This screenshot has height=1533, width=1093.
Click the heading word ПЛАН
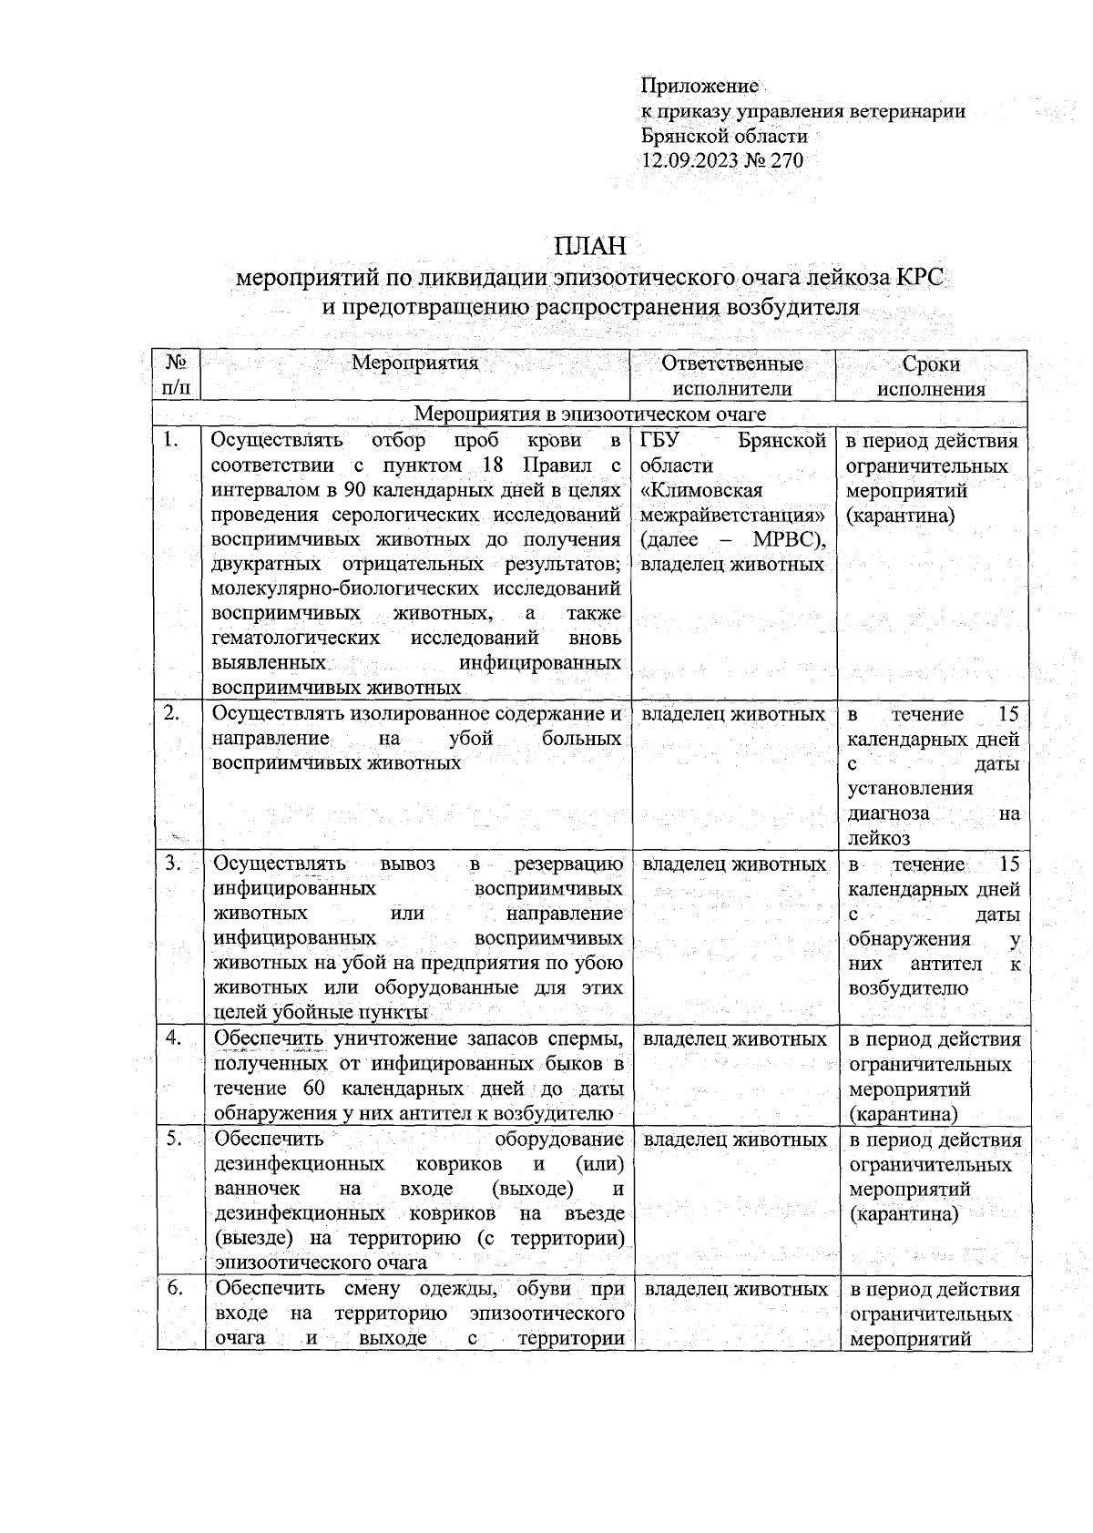pyautogui.click(x=591, y=247)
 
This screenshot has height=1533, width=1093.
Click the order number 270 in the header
pyautogui.click(x=787, y=161)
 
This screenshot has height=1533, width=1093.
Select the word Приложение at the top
pyautogui.click(x=700, y=87)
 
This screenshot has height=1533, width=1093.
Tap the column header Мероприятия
pyautogui.click(x=414, y=363)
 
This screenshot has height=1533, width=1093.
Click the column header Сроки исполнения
pyautogui.click(x=931, y=376)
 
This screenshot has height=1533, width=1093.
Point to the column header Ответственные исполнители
pyautogui.click(x=732, y=376)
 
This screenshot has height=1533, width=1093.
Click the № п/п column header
pyautogui.click(x=177, y=376)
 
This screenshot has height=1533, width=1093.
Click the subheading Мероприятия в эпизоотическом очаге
pyautogui.click(x=590, y=414)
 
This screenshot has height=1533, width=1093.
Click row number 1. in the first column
pyautogui.click(x=170, y=442)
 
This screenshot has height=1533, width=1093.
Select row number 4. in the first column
pyautogui.click(x=172, y=1039)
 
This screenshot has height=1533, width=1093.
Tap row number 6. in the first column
pyautogui.click(x=174, y=1289)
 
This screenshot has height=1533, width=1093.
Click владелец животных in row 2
pyautogui.click(x=732, y=714)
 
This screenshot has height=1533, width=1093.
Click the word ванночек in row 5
pyautogui.click(x=256, y=1190)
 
